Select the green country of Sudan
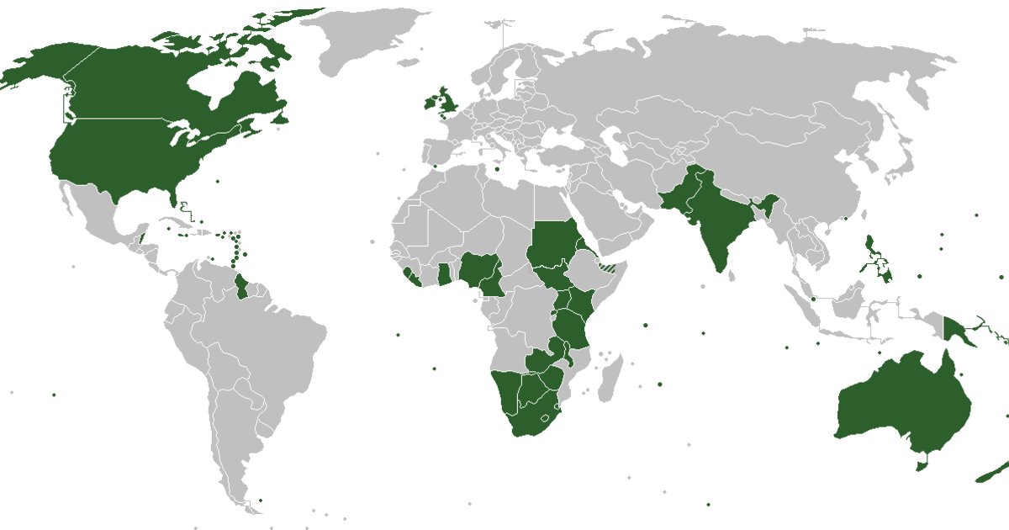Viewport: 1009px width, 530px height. click(x=551, y=244)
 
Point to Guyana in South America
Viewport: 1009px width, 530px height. click(x=243, y=286)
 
